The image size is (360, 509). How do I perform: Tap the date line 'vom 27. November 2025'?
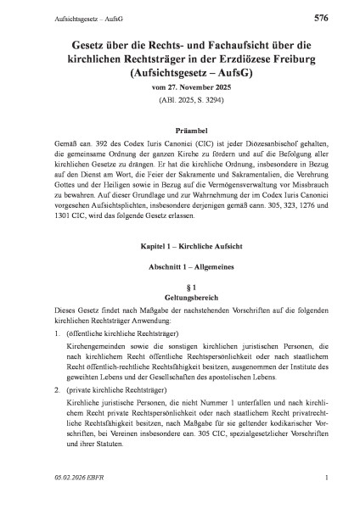click(180, 90)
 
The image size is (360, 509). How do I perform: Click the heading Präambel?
click(180, 132)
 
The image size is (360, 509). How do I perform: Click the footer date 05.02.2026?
click(46, 501)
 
